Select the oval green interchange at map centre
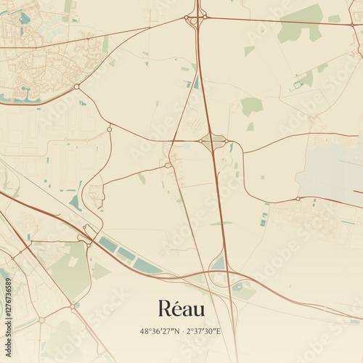click(213, 141)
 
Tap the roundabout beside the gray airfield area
click(298, 198)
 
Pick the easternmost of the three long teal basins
click(148, 267)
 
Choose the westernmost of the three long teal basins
click(107, 245)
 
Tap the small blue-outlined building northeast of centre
click(298, 85)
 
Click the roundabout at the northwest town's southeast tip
click(76, 86)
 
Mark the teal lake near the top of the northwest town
click(25, 18)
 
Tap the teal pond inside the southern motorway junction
click(219, 264)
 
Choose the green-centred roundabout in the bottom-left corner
click(41, 319)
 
